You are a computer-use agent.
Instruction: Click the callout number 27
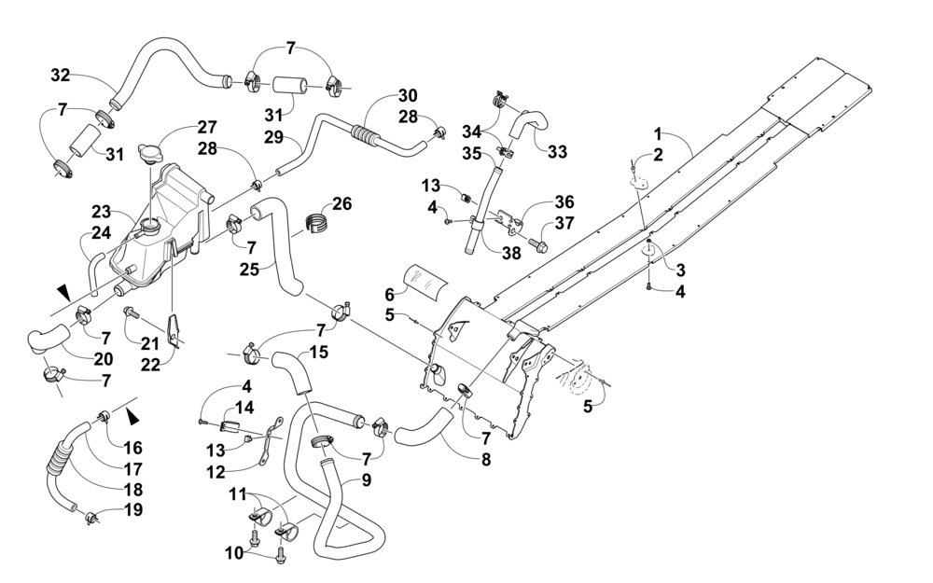point(207,127)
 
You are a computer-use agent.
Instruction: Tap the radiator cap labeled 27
point(148,153)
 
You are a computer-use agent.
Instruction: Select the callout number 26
point(341,204)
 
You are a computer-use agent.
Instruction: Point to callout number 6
point(390,294)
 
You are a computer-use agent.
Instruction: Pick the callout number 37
point(564,223)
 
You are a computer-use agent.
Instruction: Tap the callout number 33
point(557,152)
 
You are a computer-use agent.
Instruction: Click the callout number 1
point(658,132)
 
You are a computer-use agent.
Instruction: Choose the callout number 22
point(150,364)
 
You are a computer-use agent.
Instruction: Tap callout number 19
point(133,510)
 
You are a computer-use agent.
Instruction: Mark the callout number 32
point(60,75)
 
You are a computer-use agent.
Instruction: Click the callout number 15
point(319,352)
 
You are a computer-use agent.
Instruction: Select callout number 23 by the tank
point(101,212)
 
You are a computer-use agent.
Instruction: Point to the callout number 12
point(216,472)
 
